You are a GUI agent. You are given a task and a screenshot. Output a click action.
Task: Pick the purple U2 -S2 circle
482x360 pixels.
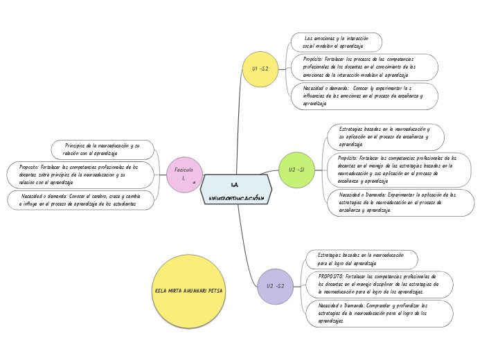click(x=275, y=286)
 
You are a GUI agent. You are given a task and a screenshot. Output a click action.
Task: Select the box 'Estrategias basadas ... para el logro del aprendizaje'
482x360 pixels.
click(x=362, y=259)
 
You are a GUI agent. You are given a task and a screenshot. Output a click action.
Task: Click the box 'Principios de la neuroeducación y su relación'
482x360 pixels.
click(x=102, y=149)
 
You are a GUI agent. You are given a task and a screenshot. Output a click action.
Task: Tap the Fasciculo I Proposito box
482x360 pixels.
click(x=79, y=174)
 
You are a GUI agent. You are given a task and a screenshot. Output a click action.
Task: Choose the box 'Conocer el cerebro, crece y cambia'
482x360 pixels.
click(x=80, y=200)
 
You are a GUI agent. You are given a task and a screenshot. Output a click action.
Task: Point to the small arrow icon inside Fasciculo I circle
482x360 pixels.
click(x=194, y=183)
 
